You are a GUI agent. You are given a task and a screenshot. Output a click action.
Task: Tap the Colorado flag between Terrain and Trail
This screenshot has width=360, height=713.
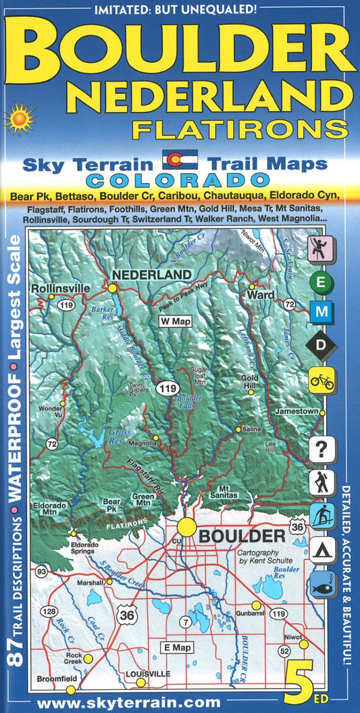tap(180, 159)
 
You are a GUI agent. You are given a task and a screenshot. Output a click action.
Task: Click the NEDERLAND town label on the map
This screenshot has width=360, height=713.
tap(151, 275)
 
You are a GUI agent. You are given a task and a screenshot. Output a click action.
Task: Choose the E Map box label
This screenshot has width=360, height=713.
tap(174, 647)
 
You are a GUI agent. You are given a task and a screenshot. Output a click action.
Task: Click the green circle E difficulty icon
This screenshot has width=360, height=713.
tap(322, 281)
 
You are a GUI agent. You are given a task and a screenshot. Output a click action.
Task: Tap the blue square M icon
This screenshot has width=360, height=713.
tap(322, 312)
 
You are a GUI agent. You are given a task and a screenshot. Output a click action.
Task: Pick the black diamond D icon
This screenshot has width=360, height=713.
tap(322, 345)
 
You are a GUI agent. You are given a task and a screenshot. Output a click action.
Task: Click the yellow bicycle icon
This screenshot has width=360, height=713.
tap(322, 380)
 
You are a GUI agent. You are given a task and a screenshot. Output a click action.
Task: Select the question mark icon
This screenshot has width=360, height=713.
tap(322, 449)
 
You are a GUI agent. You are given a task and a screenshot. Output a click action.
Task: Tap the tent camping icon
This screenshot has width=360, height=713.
tap(322, 552)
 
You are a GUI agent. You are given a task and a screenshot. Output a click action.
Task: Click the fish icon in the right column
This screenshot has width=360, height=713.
tap(322, 586)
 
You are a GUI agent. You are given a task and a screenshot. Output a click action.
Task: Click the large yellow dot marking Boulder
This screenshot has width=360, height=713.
tap(186, 528)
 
